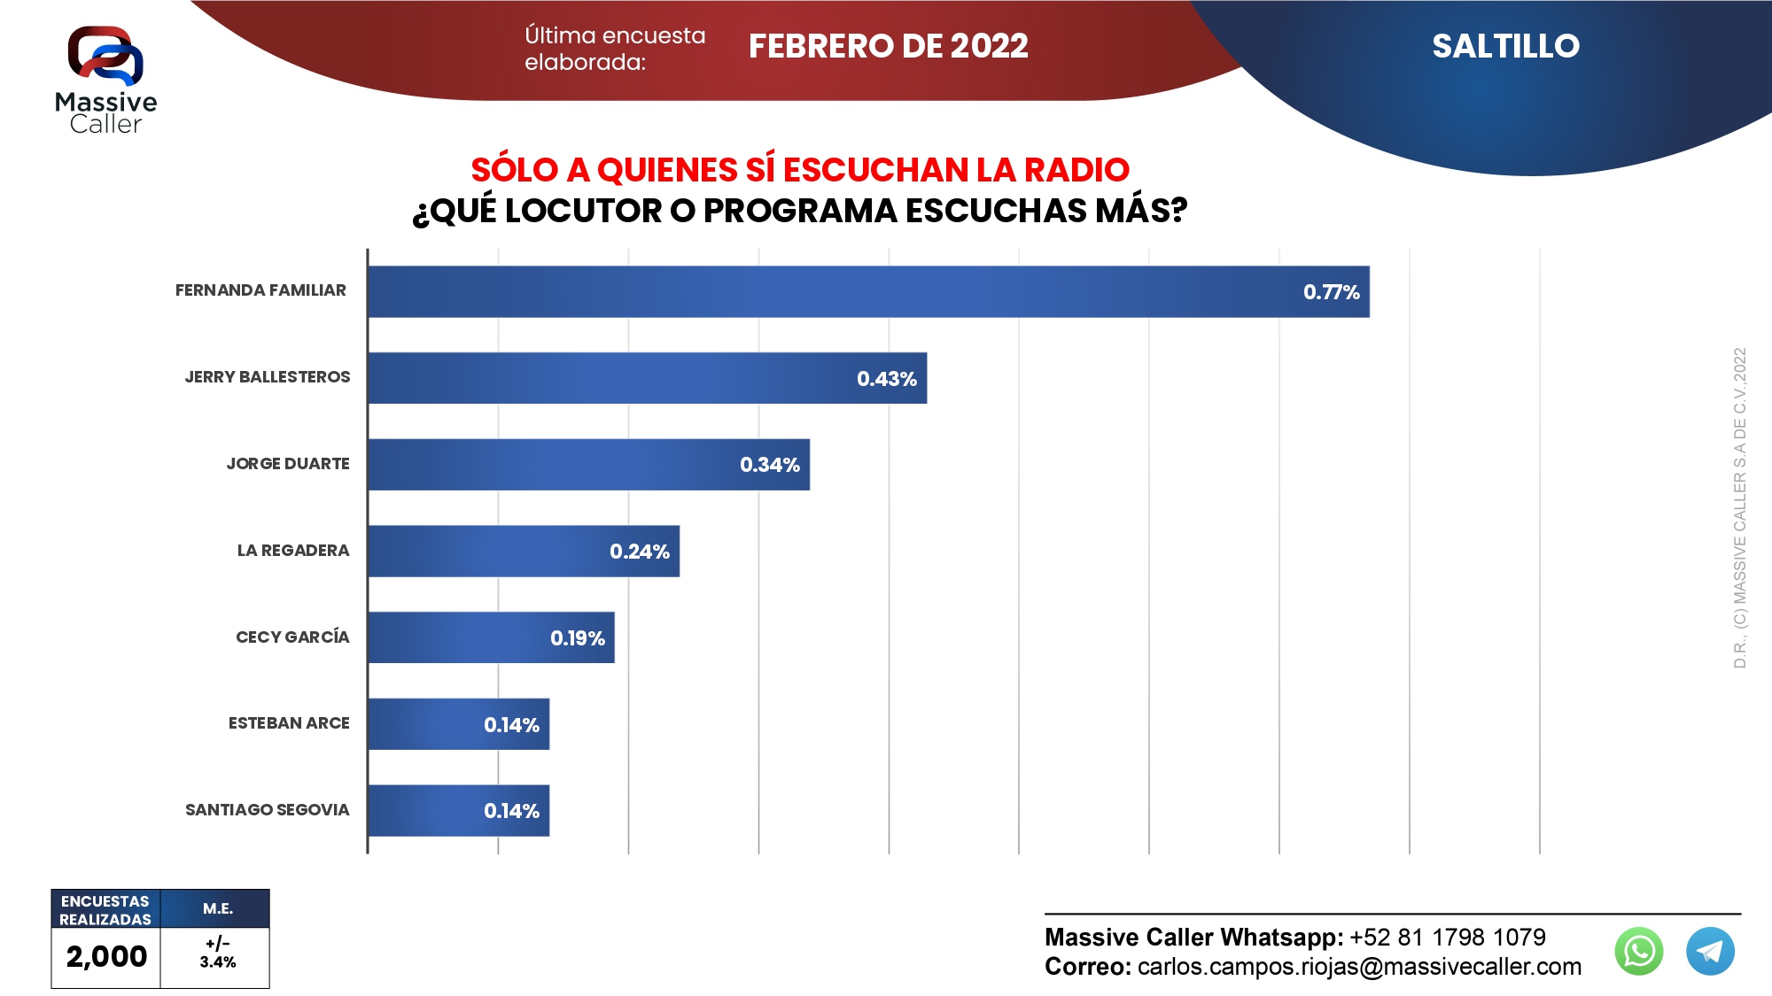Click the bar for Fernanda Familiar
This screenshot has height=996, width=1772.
pyautogui.click(x=868, y=291)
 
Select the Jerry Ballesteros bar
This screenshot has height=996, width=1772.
pyautogui.click(x=647, y=378)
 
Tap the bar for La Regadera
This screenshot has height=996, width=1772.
pyautogui.click(x=523, y=551)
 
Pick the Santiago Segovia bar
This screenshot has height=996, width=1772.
pyautogui.click(x=458, y=810)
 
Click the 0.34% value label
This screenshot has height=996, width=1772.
pyautogui.click(x=770, y=465)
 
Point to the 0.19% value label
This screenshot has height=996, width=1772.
pyautogui.click(x=578, y=638)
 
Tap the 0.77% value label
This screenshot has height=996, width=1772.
pyautogui.click(x=1331, y=292)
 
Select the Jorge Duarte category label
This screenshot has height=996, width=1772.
pyautogui.click(x=288, y=464)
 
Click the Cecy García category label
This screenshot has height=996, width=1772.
pyautogui.click(x=292, y=637)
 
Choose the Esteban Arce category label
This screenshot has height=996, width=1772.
pyautogui.click(x=289, y=723)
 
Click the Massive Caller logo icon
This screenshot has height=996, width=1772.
pyautogui.click(x=105, y=56)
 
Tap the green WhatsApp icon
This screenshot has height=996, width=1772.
pyautogui.click(x=1639, y=951)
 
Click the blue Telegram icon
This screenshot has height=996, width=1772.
pyautogui.click(x=1710, y=951)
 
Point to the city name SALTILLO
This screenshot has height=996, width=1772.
pyautogui.click(x=1505, y=46)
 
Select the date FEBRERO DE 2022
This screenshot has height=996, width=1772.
pyautogui.click(x=888, y=46)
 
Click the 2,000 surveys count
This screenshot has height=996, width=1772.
pyautogui.click(x=106, y=956)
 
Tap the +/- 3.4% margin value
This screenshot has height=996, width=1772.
pyautogui.click(x=217, y=954)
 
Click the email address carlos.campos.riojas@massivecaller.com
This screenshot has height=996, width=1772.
pyautogui.click(x=1359, y=967)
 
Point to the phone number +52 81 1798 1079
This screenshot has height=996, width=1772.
pyautogui.click(x=1447, y=938)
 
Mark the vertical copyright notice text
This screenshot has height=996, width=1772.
pyautogui.click(x=1740, y=507)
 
